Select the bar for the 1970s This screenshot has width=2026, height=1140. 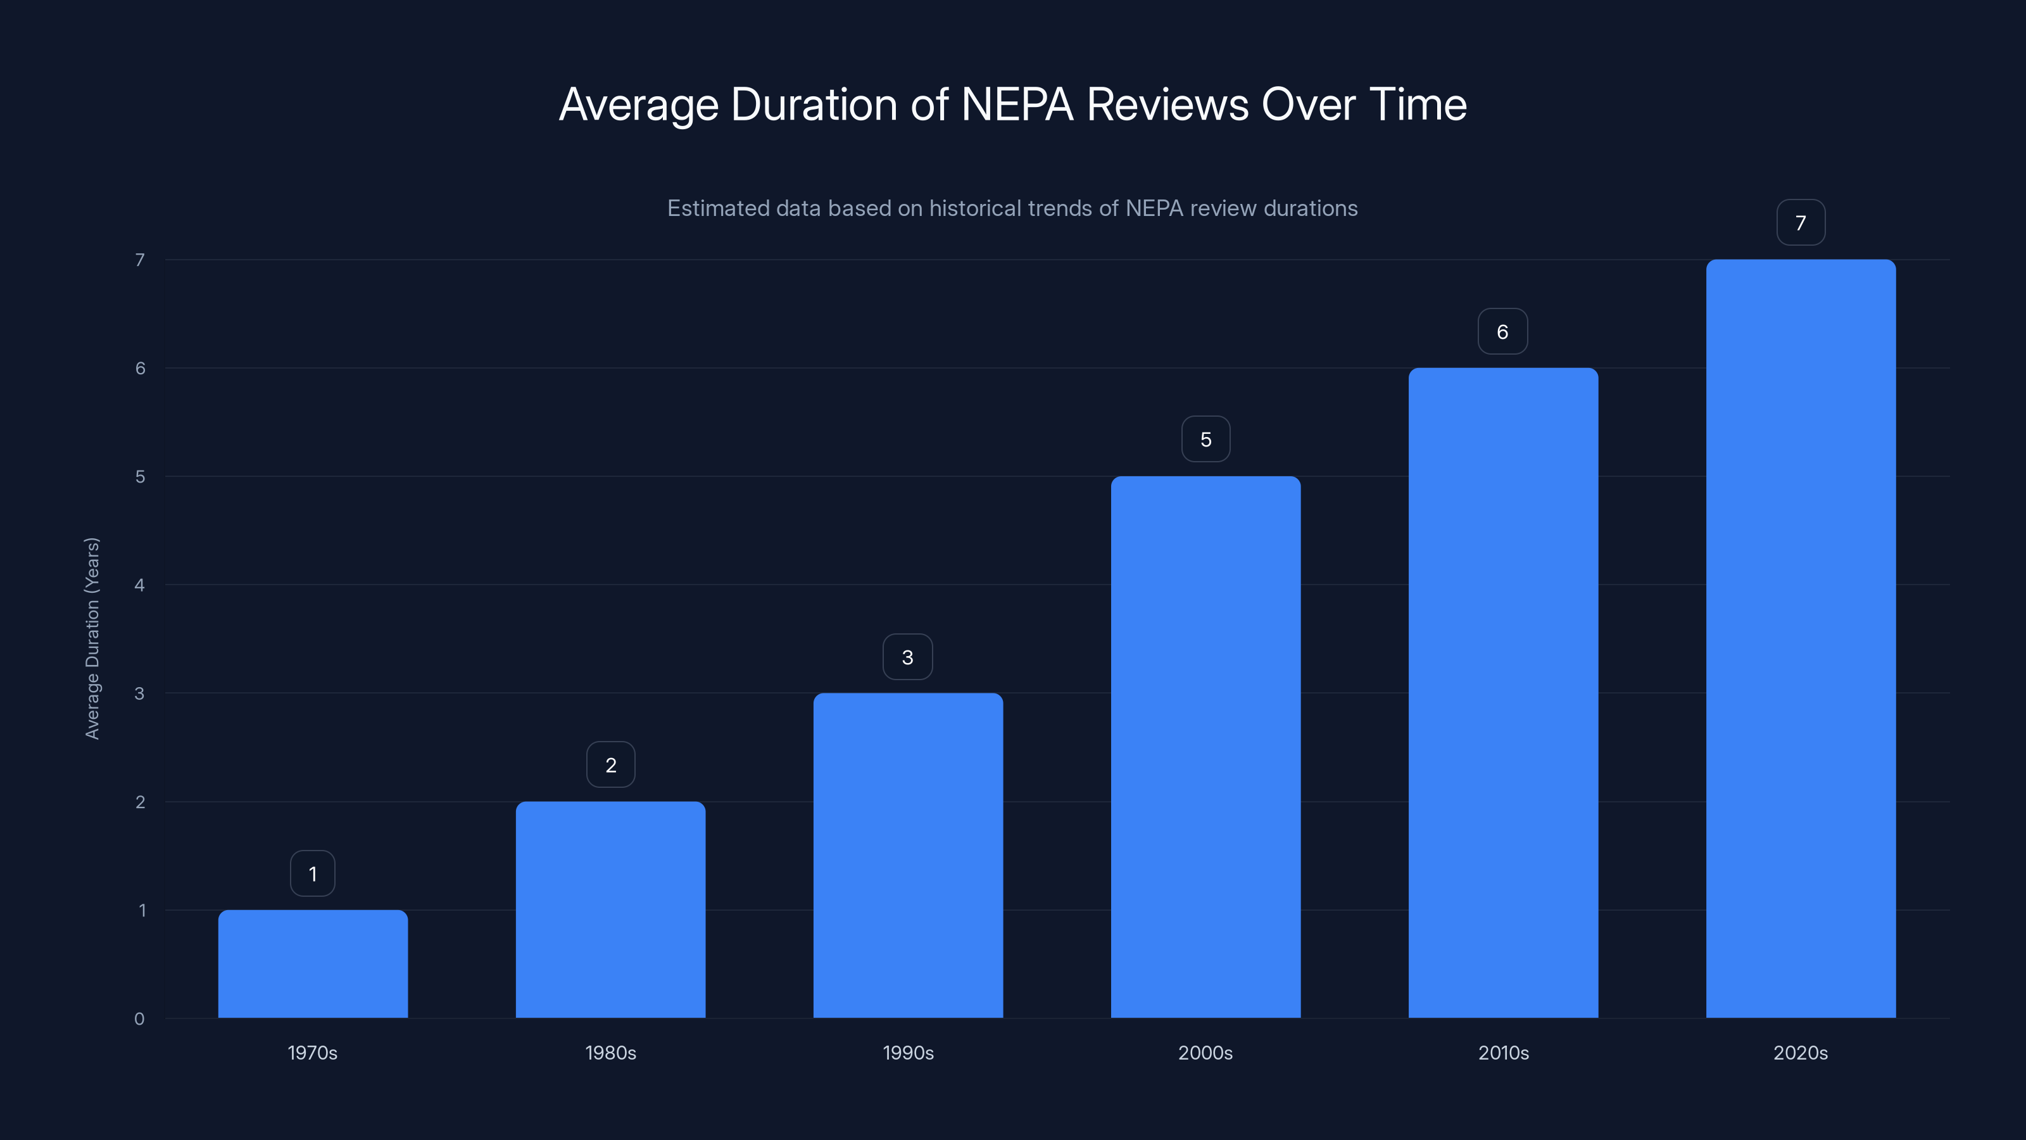pyautogui.click(x=312, y=964)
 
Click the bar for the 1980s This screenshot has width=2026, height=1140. pyautogui.click(x=610, y=909)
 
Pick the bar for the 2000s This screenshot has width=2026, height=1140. pyautogui.click(x=1205, y=747)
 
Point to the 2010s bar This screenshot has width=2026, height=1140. pyautogui.click(x=1503, y=692)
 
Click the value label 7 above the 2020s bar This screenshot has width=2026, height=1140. pyautogui.click(x=1800, y=223)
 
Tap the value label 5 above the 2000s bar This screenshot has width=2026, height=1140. pyautogui.click(x=1205, y=439)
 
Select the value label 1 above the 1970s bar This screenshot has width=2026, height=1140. pyautogui.click(x=312, y=873)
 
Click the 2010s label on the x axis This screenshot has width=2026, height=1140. pyautogui.click(x=1503, y=1053)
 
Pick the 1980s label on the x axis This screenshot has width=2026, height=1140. pyautogui.click(x=610, y=1053)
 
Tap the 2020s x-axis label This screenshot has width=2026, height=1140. pyautogui.click(x=1800, y=1053)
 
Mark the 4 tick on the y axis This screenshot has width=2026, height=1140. pyautogui.click(x=140, y=585)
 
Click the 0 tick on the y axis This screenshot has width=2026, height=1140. pyautogui.click(x=139, y=1019)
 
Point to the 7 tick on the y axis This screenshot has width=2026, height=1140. pyautogui.click(x=140, y=260)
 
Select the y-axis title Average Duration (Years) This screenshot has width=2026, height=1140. pyautogui.click(x=92, y=638)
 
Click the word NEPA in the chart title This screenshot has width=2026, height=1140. pyautogui.click(x=1017, y=104)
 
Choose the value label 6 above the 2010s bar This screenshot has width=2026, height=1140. pyautogui.click(x=1502, y=331)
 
